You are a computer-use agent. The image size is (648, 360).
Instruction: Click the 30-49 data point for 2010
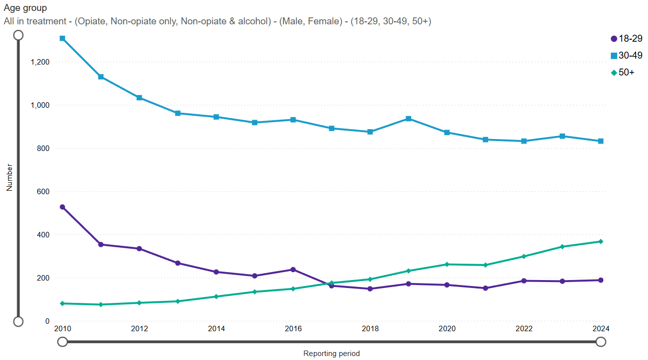pos(63,38)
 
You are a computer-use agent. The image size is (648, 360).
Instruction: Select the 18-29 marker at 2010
pos(63,207)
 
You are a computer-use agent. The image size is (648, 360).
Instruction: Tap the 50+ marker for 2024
pos(600,242)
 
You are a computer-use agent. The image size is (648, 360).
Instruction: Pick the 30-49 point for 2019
pos(408,119)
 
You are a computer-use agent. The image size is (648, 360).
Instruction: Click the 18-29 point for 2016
pos(293,270)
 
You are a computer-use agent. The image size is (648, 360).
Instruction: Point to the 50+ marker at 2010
pos(63,303)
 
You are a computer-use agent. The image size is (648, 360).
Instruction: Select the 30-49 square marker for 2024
pos(600,141)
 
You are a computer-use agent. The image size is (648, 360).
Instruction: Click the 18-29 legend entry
pos(627,39)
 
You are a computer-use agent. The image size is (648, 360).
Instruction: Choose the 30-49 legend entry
pos(627,56)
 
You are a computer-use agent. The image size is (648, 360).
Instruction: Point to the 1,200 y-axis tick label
pos(40,62)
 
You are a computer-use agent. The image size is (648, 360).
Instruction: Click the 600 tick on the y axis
pos(44,192)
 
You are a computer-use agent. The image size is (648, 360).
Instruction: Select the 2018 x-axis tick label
pos(370,329)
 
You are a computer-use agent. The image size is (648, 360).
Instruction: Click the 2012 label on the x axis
pos(140,329)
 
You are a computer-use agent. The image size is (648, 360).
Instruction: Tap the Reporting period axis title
pos(331,354)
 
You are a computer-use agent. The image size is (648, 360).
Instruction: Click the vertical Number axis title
pos(9,178)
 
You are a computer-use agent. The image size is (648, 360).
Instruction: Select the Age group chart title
pos(25,8)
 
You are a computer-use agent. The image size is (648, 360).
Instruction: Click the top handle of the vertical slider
pos(18,35)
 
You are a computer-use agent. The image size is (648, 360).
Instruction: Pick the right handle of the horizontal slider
pos(601,342)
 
